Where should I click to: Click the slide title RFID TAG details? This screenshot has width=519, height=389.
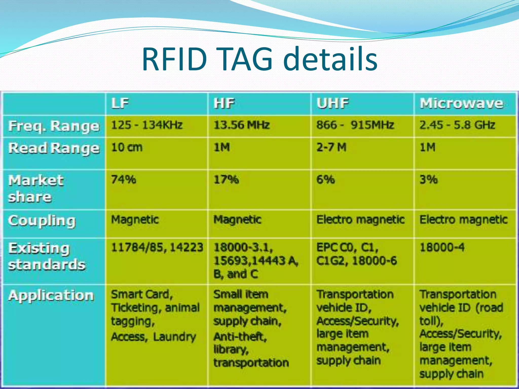point(259,60)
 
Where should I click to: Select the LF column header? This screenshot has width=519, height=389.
point(120,103)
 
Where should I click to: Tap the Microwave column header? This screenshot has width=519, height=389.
point(461,103)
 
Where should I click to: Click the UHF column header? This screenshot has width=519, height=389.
point(332,103)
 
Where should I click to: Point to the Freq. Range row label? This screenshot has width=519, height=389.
point(54,126)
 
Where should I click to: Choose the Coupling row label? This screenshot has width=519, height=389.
point(42,221)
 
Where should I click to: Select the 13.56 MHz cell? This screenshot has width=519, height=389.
point(242,125)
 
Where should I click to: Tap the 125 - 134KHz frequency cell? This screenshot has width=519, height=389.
point(147,125)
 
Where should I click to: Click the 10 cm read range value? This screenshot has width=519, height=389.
point(127,147)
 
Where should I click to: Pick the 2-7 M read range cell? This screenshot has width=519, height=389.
point(331,147)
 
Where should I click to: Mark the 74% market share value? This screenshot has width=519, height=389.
point(123,180)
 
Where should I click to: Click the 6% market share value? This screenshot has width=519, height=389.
point(325,180)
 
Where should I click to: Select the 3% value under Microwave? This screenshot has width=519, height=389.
point(428,180)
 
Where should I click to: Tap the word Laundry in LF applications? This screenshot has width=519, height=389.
point(174,337)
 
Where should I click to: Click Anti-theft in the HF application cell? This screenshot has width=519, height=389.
point(240,337)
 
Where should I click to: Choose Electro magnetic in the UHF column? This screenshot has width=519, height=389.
point(360,220)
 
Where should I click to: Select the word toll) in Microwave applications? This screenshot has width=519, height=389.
point(431,321)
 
